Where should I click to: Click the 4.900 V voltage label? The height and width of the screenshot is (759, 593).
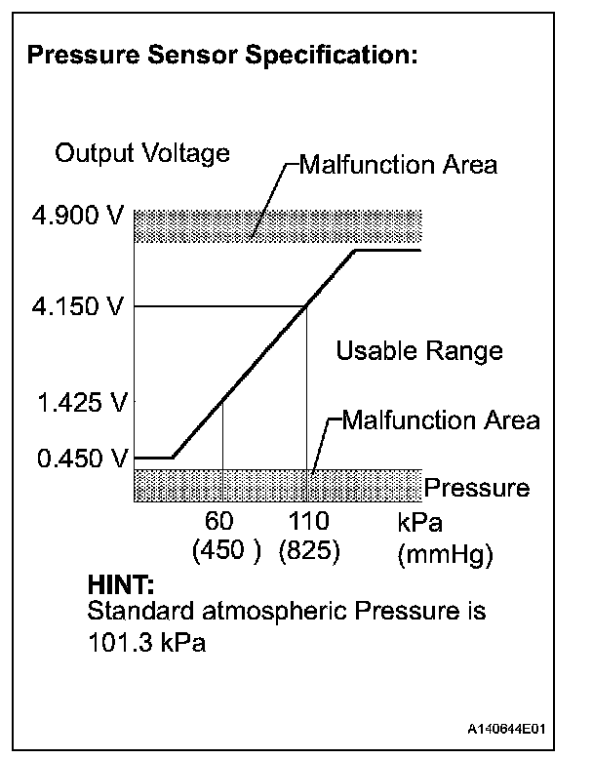pyautogui.click(x=75, y=216)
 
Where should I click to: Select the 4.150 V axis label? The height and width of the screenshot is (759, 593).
pyautogui.click(x=75, y=308)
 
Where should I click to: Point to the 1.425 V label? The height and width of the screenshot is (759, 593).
pyautogui.click(x=75, y=401)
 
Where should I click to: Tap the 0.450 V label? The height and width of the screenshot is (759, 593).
pyautogui.click(x=75, y=458)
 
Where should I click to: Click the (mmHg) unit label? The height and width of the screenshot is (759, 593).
pyautogui.click(x=447, y=556)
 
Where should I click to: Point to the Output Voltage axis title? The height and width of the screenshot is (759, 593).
pyautogui.click(x=142, y=153)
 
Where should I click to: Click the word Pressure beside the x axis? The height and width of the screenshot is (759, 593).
pyautogui.click(x=477, y=487)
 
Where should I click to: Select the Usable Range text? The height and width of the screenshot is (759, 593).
pyautogui.click(x=419, y=350)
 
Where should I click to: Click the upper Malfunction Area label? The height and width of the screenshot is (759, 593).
pyautogui.click(x=397, y=164)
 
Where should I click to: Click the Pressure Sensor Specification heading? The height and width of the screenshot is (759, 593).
pyautogui.click(x=223, y=56)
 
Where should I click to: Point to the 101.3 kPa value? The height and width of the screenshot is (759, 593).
pyautogui.click(x=146, y=645)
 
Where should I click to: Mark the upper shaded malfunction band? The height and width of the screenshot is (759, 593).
pyautogui.click(x=277, y=225)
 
